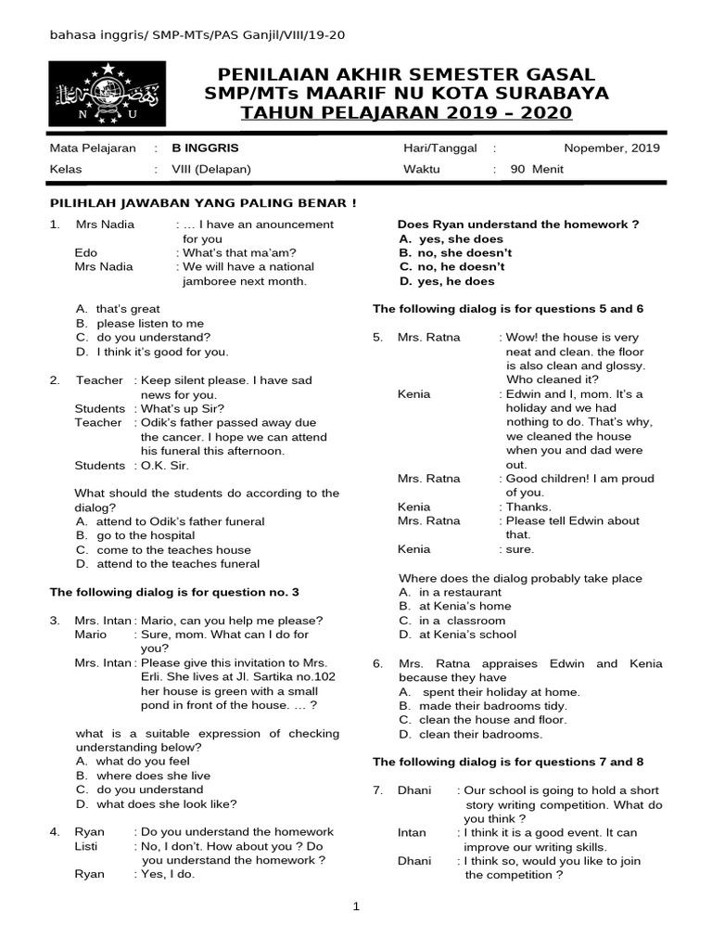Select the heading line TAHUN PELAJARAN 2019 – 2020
pyautogui.click(x=406, y=113)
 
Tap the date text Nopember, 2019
pyautogui.click(x=611, y=148)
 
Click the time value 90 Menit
pyautogui.click(x=537, y=169)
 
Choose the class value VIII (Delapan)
pyautogui.click(x=211, y=169)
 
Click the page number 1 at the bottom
pyautogui.click(x=356, y=906)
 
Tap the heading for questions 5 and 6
pyautogui.click(x=508, y=309)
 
